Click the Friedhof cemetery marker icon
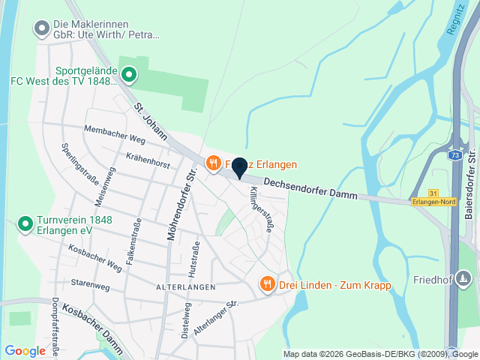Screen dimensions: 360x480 [465, 280]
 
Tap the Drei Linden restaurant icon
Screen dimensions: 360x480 [266, 284]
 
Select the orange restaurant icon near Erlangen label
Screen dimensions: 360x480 [214, 163]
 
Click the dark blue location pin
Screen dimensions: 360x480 [239, 168]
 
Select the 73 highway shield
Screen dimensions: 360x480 [455, 155]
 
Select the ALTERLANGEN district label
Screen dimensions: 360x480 [186, 287]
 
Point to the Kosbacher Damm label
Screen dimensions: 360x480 [92, 320]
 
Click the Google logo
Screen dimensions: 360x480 [25, 350]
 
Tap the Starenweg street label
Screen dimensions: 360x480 [91, 283]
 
